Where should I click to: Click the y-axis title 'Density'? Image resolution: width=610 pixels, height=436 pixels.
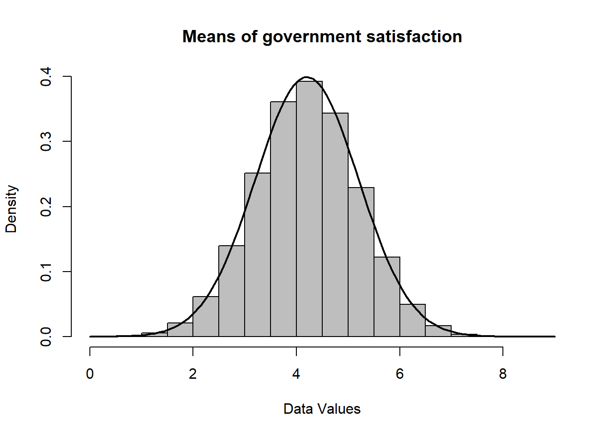(x=11, y=209)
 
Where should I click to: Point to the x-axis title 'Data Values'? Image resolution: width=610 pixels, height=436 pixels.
(x=322, y=409)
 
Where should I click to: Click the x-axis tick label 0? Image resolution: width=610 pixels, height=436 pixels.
(x=90, y=374)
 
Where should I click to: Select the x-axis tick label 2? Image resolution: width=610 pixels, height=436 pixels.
(x=193, y=374)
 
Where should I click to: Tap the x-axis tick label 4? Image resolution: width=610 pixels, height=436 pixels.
(x=296, y=374)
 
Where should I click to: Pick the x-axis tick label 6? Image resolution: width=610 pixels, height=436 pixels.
(x=399, y=374)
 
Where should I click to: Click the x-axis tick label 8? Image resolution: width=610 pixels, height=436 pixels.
(x=502, y=374)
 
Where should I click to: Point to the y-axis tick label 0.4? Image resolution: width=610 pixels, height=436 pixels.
(x=46, y=77)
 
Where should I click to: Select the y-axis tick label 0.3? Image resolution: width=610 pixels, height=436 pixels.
(x=46, y=142)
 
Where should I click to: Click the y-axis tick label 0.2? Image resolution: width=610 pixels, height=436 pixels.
(x=46, y=207)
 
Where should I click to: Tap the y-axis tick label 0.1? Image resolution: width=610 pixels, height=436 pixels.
(x=46, y=272)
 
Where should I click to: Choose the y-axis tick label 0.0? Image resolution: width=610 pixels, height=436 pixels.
(x=46, y=337)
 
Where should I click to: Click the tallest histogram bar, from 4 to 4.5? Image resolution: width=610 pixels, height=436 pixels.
(x=309, y=209)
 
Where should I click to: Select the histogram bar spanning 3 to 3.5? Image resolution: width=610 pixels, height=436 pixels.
(x=257, y=254)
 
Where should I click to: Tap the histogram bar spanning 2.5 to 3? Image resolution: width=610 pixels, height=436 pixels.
(x=231, y=291)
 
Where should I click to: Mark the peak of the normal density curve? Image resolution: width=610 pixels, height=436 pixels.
(x=306, y=77)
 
